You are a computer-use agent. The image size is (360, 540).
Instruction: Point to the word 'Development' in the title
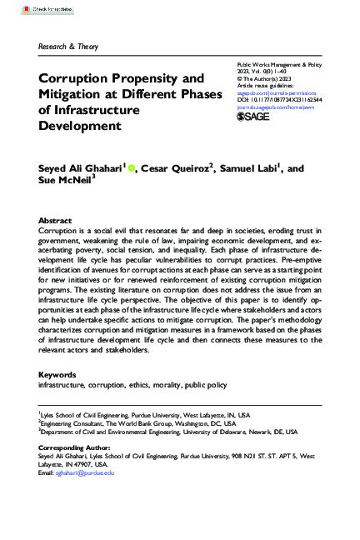tap(80, 127)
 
